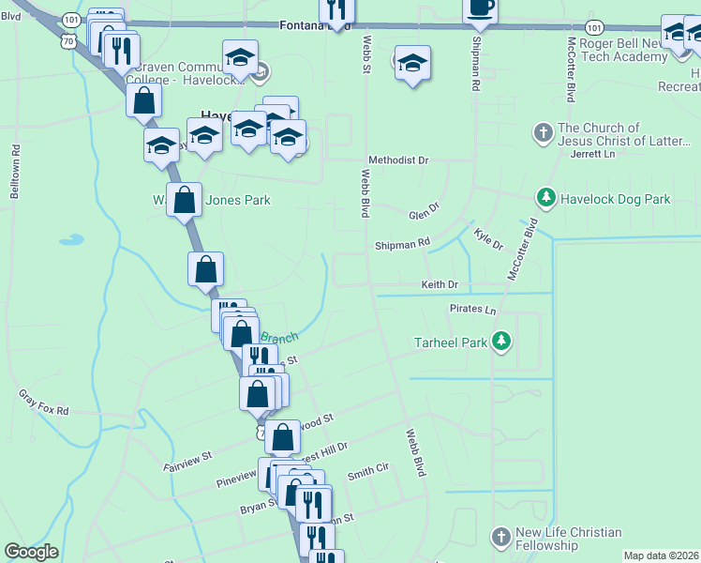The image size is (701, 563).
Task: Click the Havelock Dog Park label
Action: pyautogui.click(x=616, y=199)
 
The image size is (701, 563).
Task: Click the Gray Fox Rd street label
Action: pyautogui.click(x=44, y=403)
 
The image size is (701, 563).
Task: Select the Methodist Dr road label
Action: pyautogui.click(x=397, y=160)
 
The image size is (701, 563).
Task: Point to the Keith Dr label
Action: pyautogui.click(x=440, y=284)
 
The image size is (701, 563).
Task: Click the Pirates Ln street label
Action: pyautogui.click(x=472, y=309)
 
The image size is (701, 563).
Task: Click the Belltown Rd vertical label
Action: pyautogui.click(x=16, y=170)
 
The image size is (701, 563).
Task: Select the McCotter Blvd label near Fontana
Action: pyautogui.click(x=570, y=69)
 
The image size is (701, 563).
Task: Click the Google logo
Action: pyautogui.click(x=32, y=552)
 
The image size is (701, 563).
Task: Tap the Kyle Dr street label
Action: pyautogui.click(x=488, y=238)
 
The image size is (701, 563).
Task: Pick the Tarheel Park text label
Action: pyautogui.click(x=452, y=342)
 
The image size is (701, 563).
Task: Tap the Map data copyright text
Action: pyautogui.click(x=661, y=555)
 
